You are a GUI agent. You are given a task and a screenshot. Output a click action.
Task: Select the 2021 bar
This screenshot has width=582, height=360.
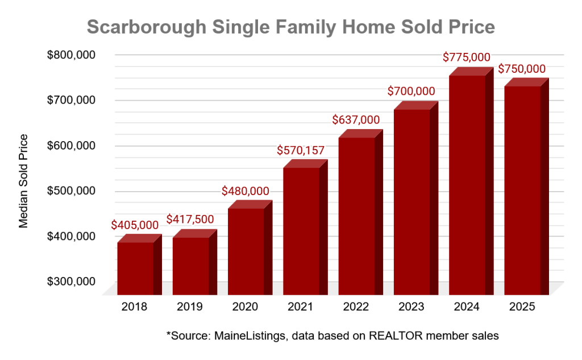301,230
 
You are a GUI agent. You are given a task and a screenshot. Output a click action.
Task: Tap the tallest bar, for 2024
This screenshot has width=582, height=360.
467,185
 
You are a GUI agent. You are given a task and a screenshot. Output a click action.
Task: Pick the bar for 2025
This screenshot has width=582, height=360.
522,191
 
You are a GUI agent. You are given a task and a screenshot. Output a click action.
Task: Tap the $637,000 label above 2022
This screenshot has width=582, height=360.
356,120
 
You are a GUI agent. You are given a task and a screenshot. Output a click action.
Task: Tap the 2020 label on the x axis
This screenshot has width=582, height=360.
245,307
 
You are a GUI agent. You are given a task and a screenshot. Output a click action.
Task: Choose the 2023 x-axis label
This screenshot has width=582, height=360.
411,307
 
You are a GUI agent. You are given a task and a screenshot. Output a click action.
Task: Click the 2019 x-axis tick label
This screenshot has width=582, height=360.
190,307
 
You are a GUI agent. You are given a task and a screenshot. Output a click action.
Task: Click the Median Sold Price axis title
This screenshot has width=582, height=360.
23,180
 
